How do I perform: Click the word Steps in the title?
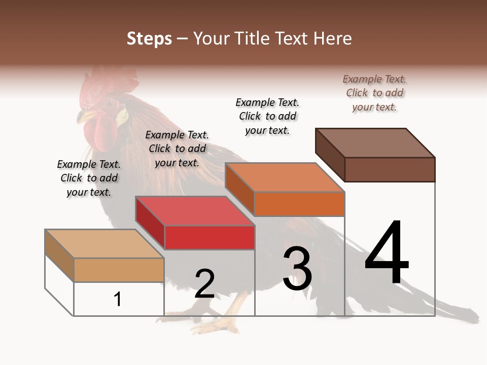149,39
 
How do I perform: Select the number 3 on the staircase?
297,269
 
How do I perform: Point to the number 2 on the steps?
204,284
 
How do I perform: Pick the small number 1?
118,299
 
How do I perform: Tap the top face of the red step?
195,211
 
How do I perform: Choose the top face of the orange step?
285,177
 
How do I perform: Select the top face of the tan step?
105,244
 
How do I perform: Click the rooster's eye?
110,105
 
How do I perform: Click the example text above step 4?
374,93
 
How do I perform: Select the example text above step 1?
89,178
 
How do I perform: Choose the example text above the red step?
177,149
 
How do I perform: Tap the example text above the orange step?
267,116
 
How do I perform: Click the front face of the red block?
210,237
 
